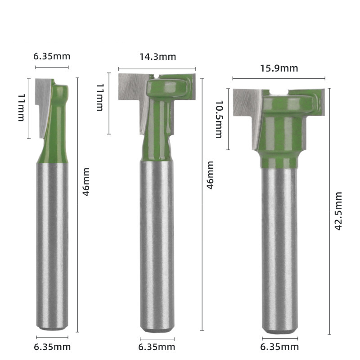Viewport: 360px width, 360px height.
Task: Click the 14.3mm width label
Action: coord(157,57)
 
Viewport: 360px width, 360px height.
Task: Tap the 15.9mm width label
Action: coord(279,68)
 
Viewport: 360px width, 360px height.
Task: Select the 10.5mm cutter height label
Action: coord(219,119)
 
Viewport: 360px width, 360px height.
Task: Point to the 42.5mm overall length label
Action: coord(339,211)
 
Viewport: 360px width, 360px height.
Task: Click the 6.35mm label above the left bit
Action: coord(52,56)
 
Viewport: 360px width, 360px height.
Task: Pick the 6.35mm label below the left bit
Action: coord(52,346)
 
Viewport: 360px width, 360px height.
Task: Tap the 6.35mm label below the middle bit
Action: coord(157,347)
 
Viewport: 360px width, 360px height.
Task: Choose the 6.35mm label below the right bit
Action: coord(280,346)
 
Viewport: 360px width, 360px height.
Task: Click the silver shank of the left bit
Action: coord(52,243)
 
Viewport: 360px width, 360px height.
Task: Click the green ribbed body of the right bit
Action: coord(279,130)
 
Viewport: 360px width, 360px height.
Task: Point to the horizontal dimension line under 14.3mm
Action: coord(157,69)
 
